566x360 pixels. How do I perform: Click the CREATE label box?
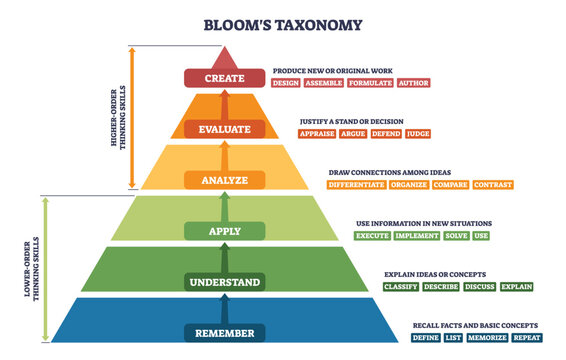coord(225,77)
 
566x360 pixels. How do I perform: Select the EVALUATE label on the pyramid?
coord(225,129)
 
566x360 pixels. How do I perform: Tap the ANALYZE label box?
coord(225,180)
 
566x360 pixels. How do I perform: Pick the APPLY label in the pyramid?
coord(225,231)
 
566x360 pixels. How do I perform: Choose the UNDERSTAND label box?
coord(225,282)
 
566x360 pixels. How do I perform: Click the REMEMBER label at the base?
coord(225,333)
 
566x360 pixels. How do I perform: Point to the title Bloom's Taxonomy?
coord(283,25)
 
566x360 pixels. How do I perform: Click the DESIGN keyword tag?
coord(286,83)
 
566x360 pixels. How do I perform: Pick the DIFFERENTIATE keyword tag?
coord(355,185)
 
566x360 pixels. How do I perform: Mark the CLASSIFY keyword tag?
coord(402,287)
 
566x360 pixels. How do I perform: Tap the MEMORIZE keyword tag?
coord(488,338)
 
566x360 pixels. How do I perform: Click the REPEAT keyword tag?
coord(528,338)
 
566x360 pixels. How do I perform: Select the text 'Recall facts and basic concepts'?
coord(475,326)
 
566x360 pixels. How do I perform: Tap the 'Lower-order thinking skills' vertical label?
coord(36,264)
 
